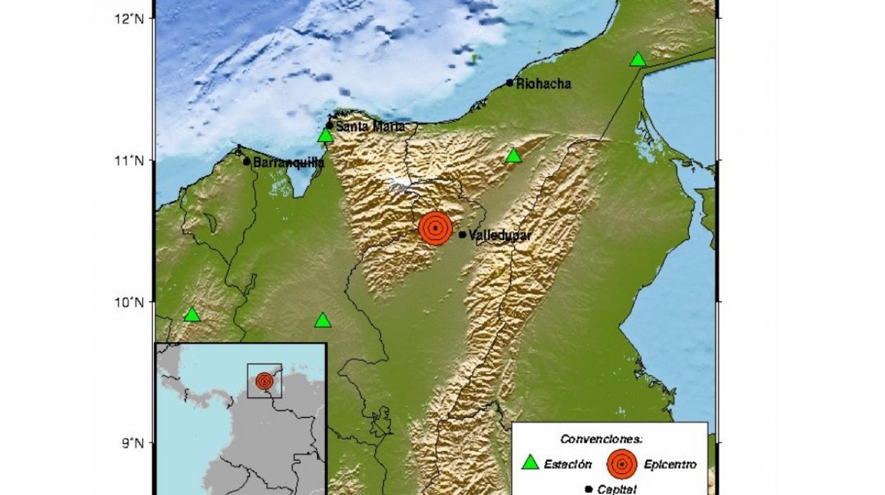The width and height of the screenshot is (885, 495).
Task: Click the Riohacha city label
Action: pos(544,84)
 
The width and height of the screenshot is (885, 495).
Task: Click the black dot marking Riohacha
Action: pos(510,83)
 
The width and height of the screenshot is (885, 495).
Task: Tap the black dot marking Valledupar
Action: pos(462,235)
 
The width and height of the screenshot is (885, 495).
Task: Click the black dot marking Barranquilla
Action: pos(247,161)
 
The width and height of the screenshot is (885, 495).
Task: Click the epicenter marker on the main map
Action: pos(436,227)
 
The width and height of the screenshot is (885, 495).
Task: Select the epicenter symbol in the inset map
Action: pos(264,381)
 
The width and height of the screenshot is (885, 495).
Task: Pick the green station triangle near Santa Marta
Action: pos(325,136)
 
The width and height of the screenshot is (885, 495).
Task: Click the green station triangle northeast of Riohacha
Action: pos(638,60)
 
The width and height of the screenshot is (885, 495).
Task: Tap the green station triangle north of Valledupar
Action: pos(514,156)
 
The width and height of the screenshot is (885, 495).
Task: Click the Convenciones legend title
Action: pos(601,439)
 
